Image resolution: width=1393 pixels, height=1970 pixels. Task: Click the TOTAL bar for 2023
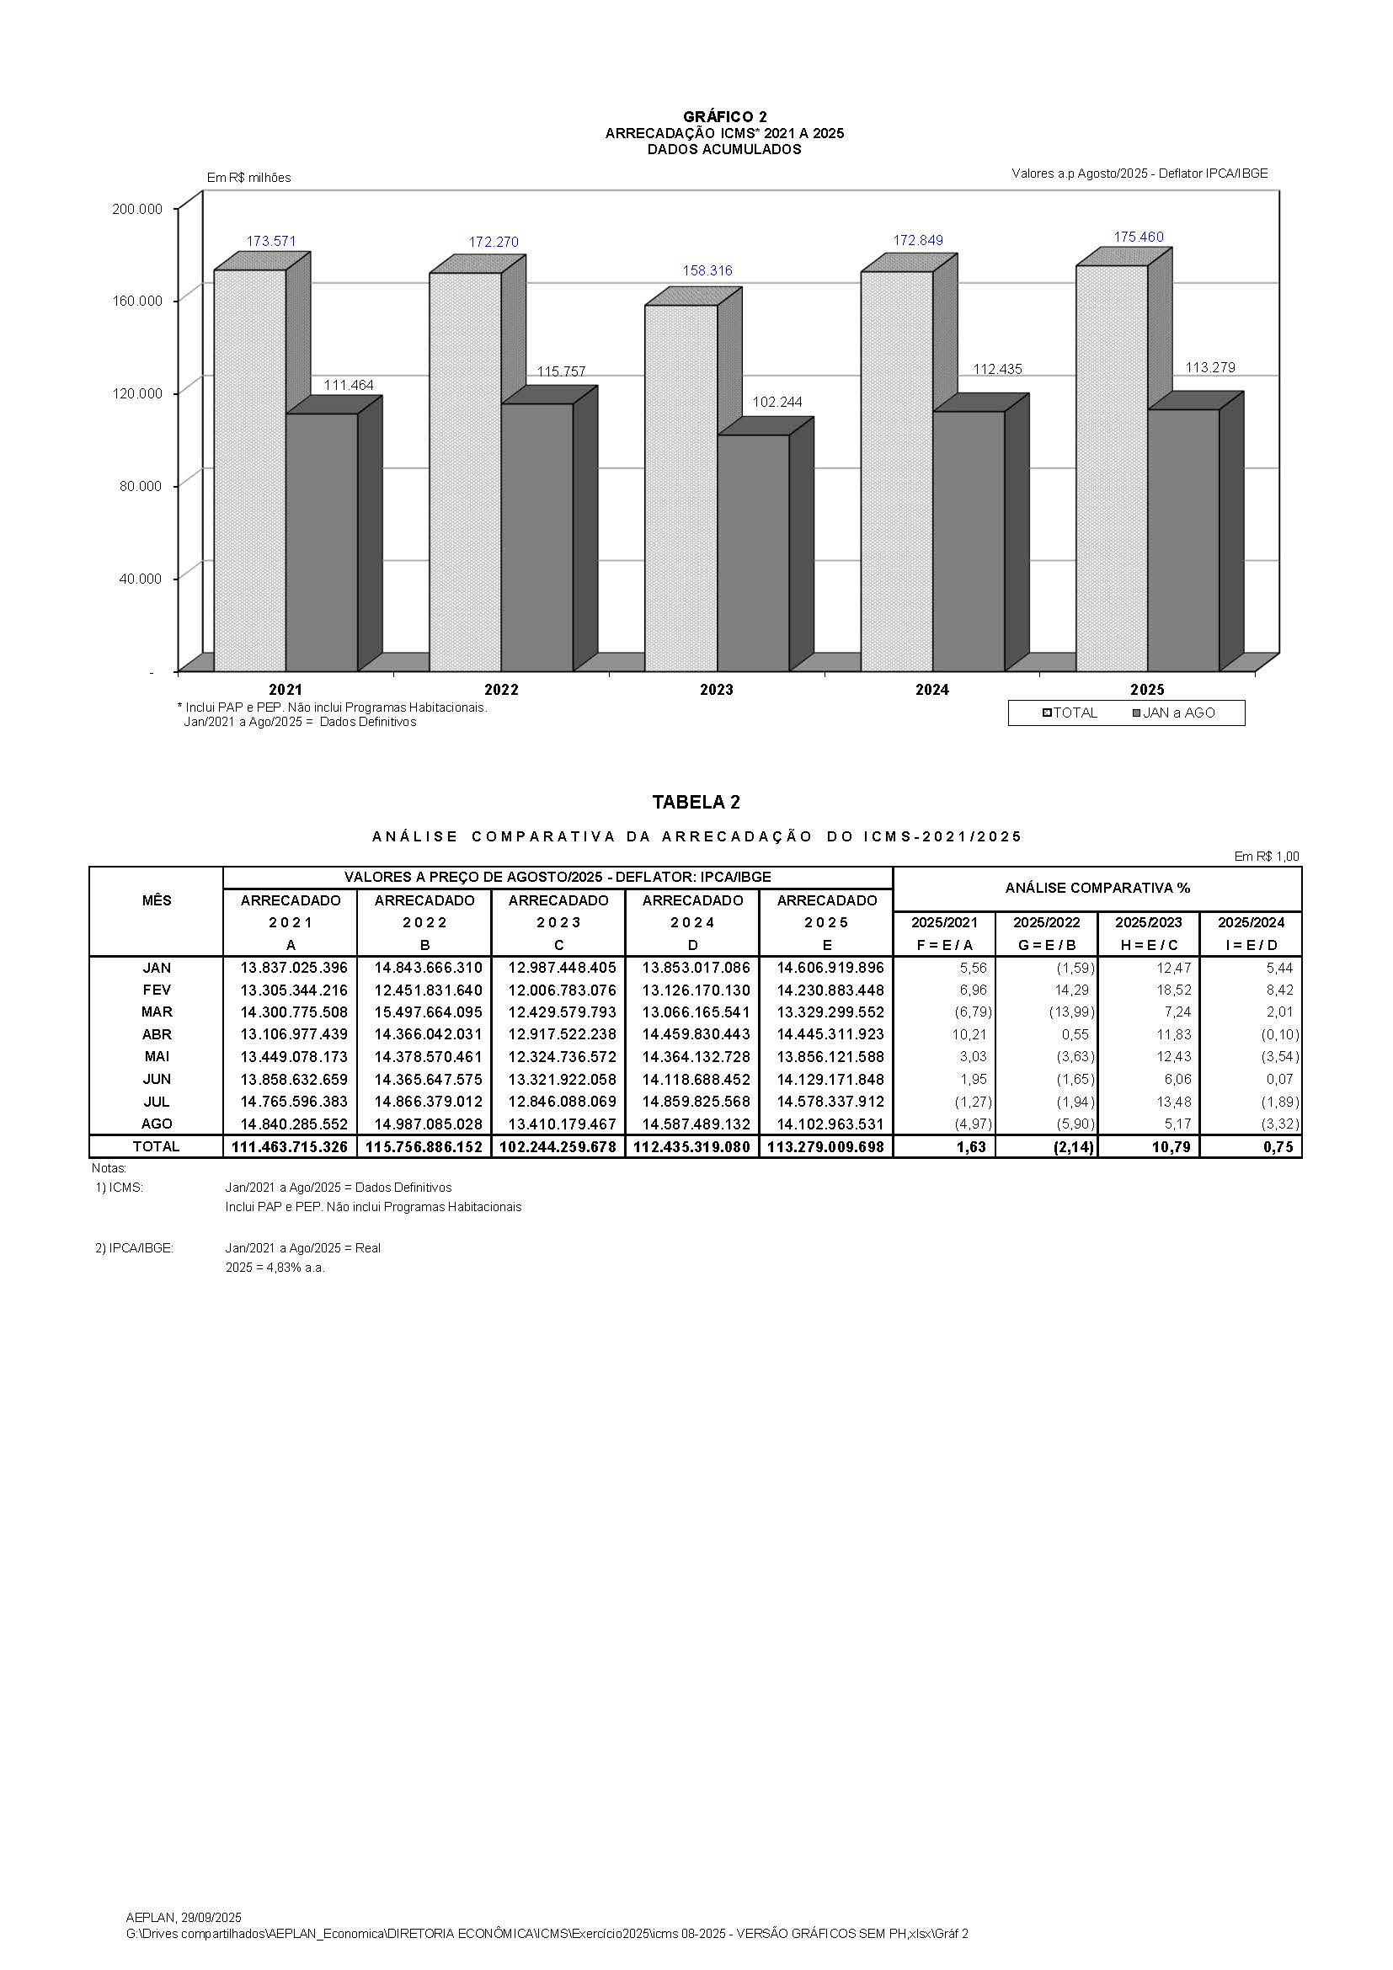pos(680,489)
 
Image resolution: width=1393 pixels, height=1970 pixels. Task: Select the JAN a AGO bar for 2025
pos(1182,541)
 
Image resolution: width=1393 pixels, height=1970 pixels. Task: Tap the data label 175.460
pos(1139,237)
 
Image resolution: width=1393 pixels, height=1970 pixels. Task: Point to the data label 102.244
pos(777,402)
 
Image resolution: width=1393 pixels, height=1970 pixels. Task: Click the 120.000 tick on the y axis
pos(137,393)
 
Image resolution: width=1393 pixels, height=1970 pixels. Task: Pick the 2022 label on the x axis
pos(501,690)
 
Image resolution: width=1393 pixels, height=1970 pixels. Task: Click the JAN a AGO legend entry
pos(1173,713)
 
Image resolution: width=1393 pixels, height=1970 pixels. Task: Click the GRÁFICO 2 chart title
pos(725,117)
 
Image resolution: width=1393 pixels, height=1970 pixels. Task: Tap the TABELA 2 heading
pos(696,803)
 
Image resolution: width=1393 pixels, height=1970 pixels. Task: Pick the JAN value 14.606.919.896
pos(830,968)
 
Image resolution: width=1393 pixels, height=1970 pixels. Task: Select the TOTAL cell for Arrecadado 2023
pos(558,1147)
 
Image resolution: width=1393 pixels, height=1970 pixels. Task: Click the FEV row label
pos(156,990)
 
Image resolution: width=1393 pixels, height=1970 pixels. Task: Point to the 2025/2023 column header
pos(1148,923)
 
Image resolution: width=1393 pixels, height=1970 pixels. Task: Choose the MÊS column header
pos(156,901)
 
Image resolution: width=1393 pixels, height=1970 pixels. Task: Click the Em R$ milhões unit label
pos(248,178)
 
